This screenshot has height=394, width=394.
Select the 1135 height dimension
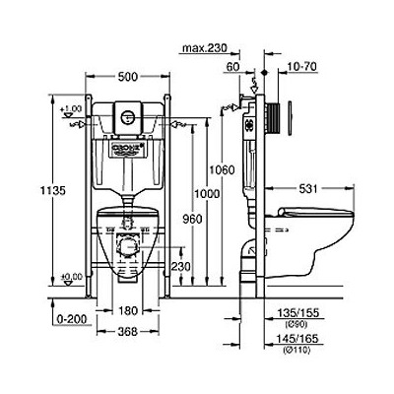pos(60,190)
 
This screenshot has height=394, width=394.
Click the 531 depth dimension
pos(312,189)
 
